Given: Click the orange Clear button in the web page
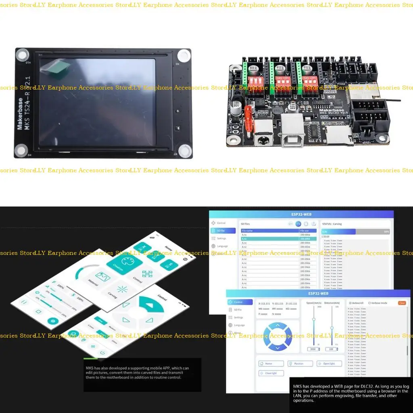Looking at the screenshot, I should coord(402,303).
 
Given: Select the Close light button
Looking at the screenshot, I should coord(271,373).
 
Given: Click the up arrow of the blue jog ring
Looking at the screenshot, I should coord(277,326).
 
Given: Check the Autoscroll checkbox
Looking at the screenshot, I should coord(350,303).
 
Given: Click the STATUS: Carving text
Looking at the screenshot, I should coord(332,224).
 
